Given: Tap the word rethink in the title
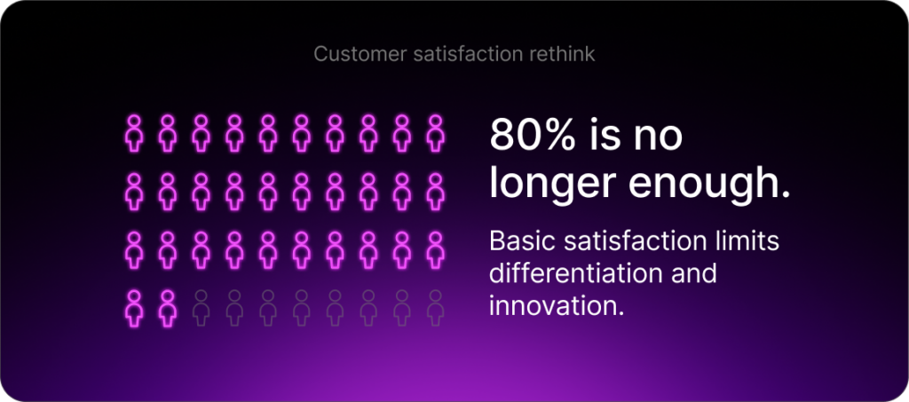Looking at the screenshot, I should click(565, 55).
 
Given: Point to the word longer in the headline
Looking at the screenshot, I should click(554, 182).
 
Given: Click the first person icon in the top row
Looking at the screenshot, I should click(135, 132).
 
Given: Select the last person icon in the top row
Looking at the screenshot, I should click(435, 132).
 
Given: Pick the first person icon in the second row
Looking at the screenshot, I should click(135, 191).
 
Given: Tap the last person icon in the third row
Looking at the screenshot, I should click(435, 249).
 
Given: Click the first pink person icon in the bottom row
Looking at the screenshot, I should click(135, 307).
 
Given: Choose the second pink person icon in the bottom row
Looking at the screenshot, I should click(168, 307).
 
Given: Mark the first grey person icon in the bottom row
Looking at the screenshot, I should click(202, 307).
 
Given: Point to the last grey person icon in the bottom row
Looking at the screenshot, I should click(435, 307).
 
